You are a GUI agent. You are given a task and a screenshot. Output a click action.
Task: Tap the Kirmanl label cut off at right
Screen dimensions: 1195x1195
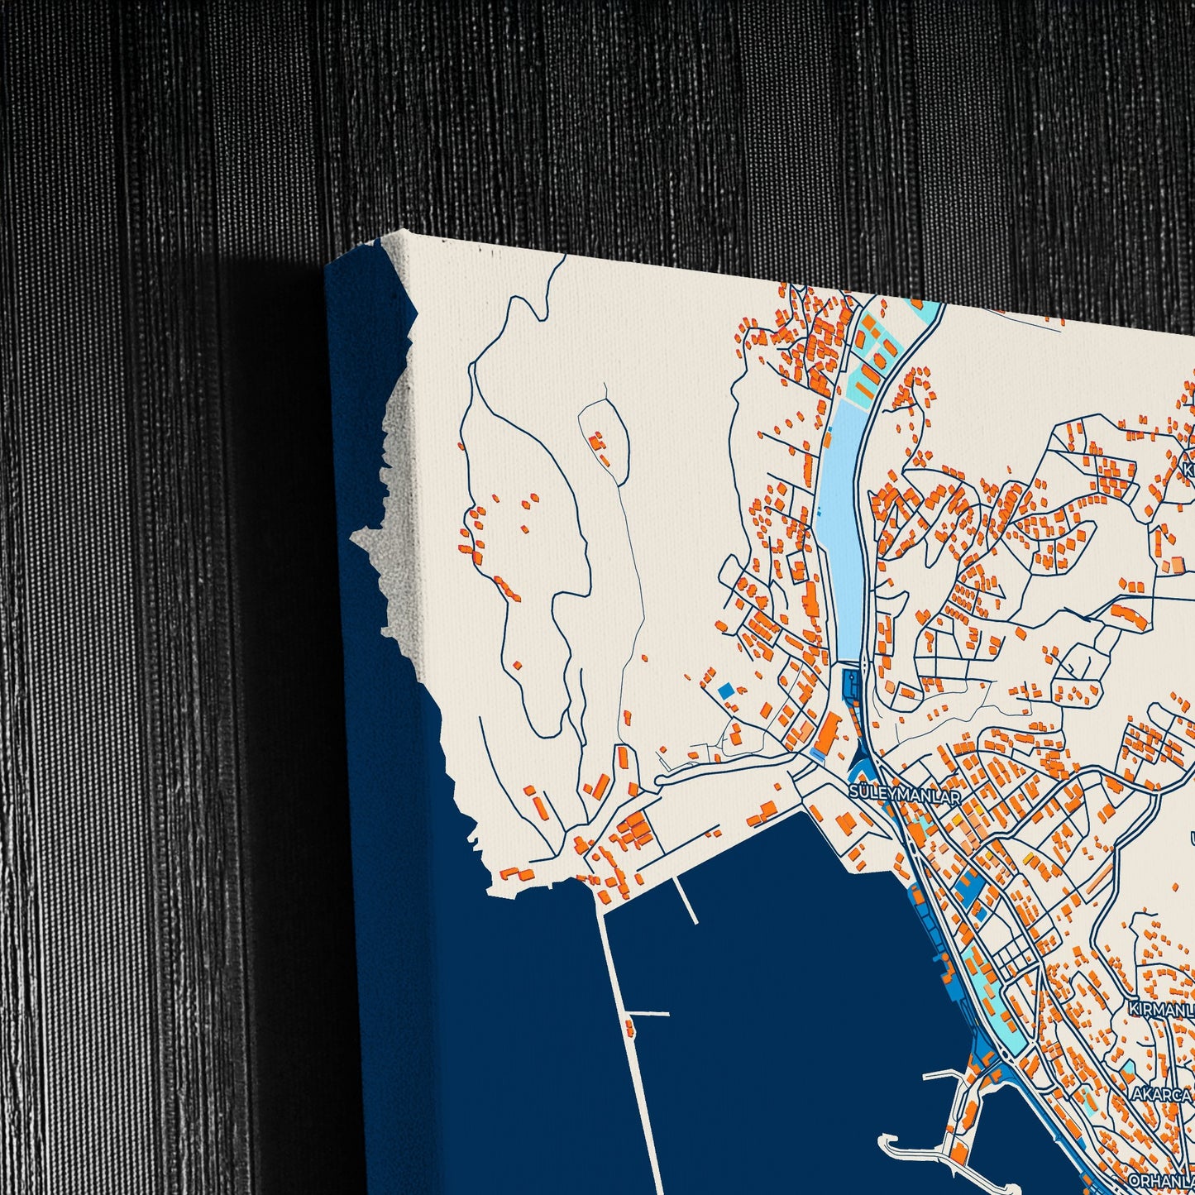click(1162, 1009)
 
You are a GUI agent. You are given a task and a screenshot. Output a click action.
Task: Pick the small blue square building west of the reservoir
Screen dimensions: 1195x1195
click(726, 689)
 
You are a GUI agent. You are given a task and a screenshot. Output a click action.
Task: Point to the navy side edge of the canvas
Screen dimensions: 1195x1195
click(389, 910)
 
